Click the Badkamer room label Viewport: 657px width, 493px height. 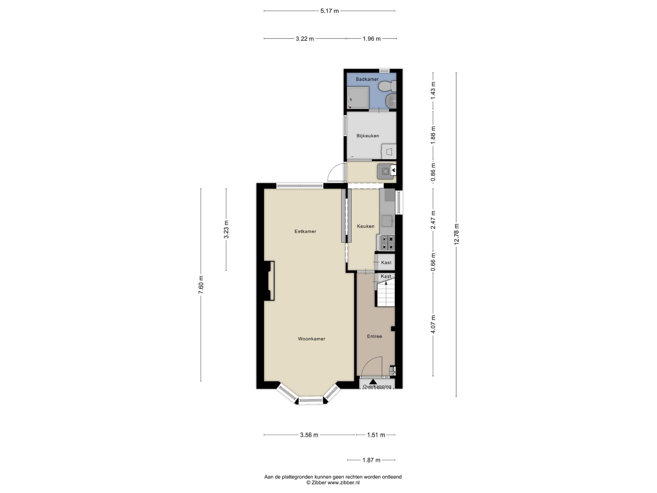point(367,79)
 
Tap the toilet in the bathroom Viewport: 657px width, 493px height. point(387,86)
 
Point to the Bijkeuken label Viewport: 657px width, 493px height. point(368,136)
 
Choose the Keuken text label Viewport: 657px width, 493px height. point(366,226)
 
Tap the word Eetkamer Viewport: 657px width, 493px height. point(305,231)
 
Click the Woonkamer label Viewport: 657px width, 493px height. point(311,339)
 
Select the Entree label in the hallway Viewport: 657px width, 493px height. point(374,336)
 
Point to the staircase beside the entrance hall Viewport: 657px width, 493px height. point(386,292)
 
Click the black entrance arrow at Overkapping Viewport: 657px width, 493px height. point(373,381)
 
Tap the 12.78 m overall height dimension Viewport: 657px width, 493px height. point(456,234)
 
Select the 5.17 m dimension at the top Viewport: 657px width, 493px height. point(329,11)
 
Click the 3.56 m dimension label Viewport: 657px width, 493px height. point(309,435)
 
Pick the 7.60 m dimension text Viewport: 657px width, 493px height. point(201,285)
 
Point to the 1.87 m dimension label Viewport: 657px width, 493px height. point(371,460)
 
